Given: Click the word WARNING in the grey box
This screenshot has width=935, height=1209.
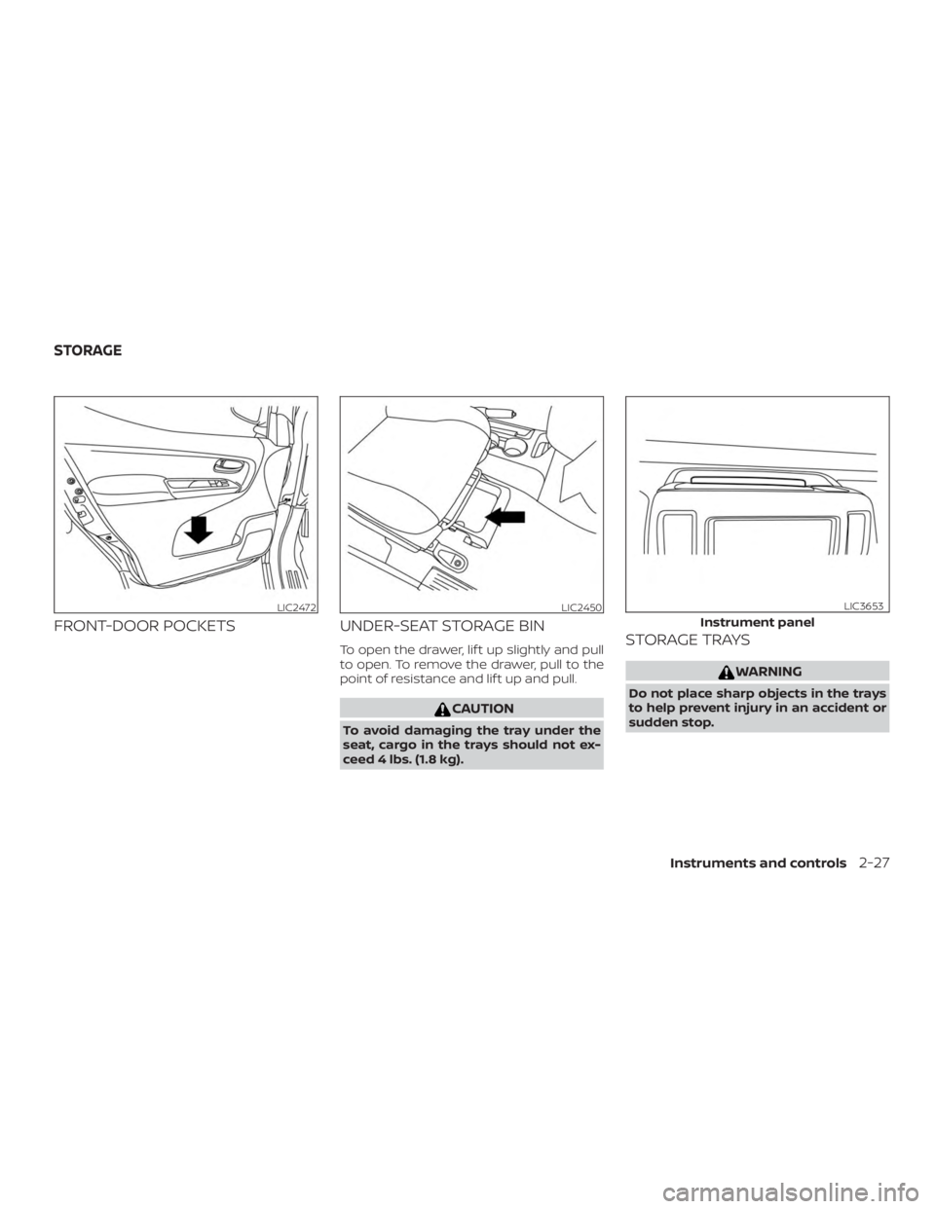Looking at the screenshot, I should [x=764, y=672].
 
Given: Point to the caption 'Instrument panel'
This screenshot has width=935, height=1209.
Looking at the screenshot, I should [x=758, y=620].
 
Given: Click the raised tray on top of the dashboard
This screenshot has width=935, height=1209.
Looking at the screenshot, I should [x=758, y=478].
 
